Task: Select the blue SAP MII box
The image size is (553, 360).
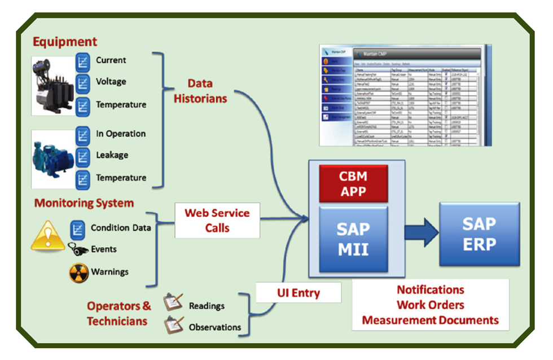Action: pos(353,238)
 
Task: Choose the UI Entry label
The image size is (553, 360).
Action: pos(298,293)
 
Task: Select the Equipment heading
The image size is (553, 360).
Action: pos(65,42)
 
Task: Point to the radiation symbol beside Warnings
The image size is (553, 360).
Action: pos(79,273)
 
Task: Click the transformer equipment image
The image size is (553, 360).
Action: pos(53,85)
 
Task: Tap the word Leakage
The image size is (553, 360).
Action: pos(112,155)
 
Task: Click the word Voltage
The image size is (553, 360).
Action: pos(111,82)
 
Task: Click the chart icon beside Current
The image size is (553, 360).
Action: pos(83,62)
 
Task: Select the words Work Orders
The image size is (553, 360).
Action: pos(430,305)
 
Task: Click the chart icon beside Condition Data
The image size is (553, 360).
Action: pos(77,229)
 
